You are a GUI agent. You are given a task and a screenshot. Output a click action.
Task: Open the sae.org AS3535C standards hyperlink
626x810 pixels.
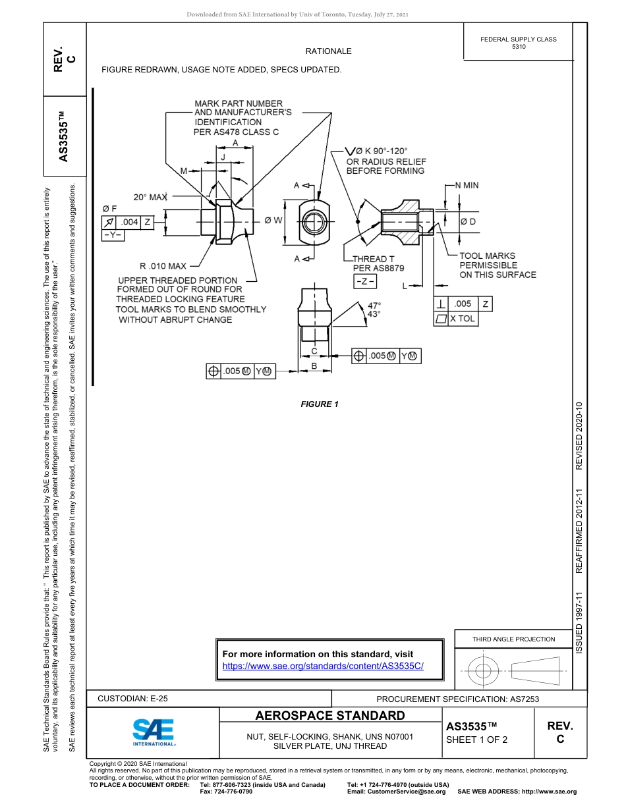pyautogui.click(x=323, y=666)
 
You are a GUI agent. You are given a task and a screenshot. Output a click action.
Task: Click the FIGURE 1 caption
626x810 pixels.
pyautogui.click(x=320, y=404)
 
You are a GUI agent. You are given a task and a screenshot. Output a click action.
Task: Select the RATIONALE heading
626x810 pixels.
pyautogui.click(x=328, y=51)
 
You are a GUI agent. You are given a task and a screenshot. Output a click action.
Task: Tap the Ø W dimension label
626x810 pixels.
pyautogui.click(x=273, y=221)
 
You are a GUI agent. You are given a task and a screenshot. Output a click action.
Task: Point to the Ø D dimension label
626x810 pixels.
pyautogui.click(x=468, y=222)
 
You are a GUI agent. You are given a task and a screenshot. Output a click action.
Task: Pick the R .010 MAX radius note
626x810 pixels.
pyautogui.click(x=163, y=266)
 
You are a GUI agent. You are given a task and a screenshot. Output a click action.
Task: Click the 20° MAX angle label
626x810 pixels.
pyautogui.click(x=151, y=197)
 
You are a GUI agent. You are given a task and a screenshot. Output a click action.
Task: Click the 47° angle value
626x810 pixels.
pyautogui.click(x=374, y=305)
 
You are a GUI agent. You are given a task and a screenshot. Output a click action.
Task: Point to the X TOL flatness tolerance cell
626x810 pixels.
pyautogui.click(x=463, y=319)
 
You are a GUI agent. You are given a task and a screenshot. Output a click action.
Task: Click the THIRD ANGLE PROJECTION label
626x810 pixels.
pyautogui.click(x=513, y=639)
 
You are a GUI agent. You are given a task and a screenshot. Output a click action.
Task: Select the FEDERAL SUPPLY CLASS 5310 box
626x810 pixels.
pyautogui.click(x=518, y=43)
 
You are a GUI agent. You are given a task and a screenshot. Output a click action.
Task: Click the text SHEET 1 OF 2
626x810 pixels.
pyautogui.click(x=477, y=740)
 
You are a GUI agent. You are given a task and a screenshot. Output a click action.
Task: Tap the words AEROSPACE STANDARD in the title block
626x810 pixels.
pyautogui.click(x=330, y=716)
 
